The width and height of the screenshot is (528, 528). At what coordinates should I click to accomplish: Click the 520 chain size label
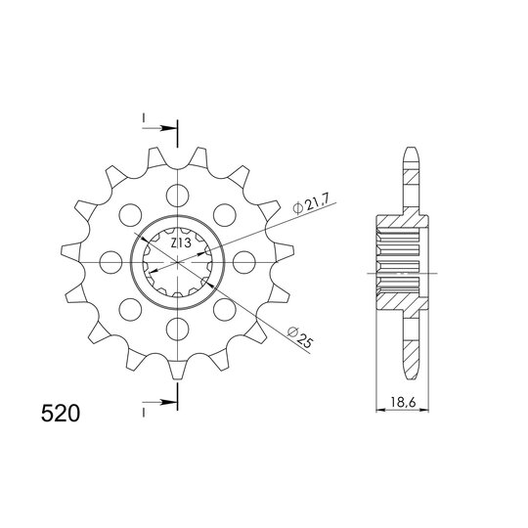click(61, 414)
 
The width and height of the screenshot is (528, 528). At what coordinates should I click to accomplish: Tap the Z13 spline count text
click(181, 242)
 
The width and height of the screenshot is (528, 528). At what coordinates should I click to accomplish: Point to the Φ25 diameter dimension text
click(300, 337)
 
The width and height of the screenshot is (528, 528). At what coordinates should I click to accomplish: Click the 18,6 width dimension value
click(404, 402)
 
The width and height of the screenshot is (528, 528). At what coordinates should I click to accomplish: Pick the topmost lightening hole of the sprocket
click(177, 196)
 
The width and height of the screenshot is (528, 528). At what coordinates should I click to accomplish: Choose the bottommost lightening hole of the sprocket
click(177, 328)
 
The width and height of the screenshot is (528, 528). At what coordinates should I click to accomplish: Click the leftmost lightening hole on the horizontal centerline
click(111, 262)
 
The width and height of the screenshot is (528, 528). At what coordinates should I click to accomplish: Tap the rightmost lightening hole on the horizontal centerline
click(243, 262)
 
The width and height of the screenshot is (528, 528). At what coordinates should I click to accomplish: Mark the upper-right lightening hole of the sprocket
click(224, 215)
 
